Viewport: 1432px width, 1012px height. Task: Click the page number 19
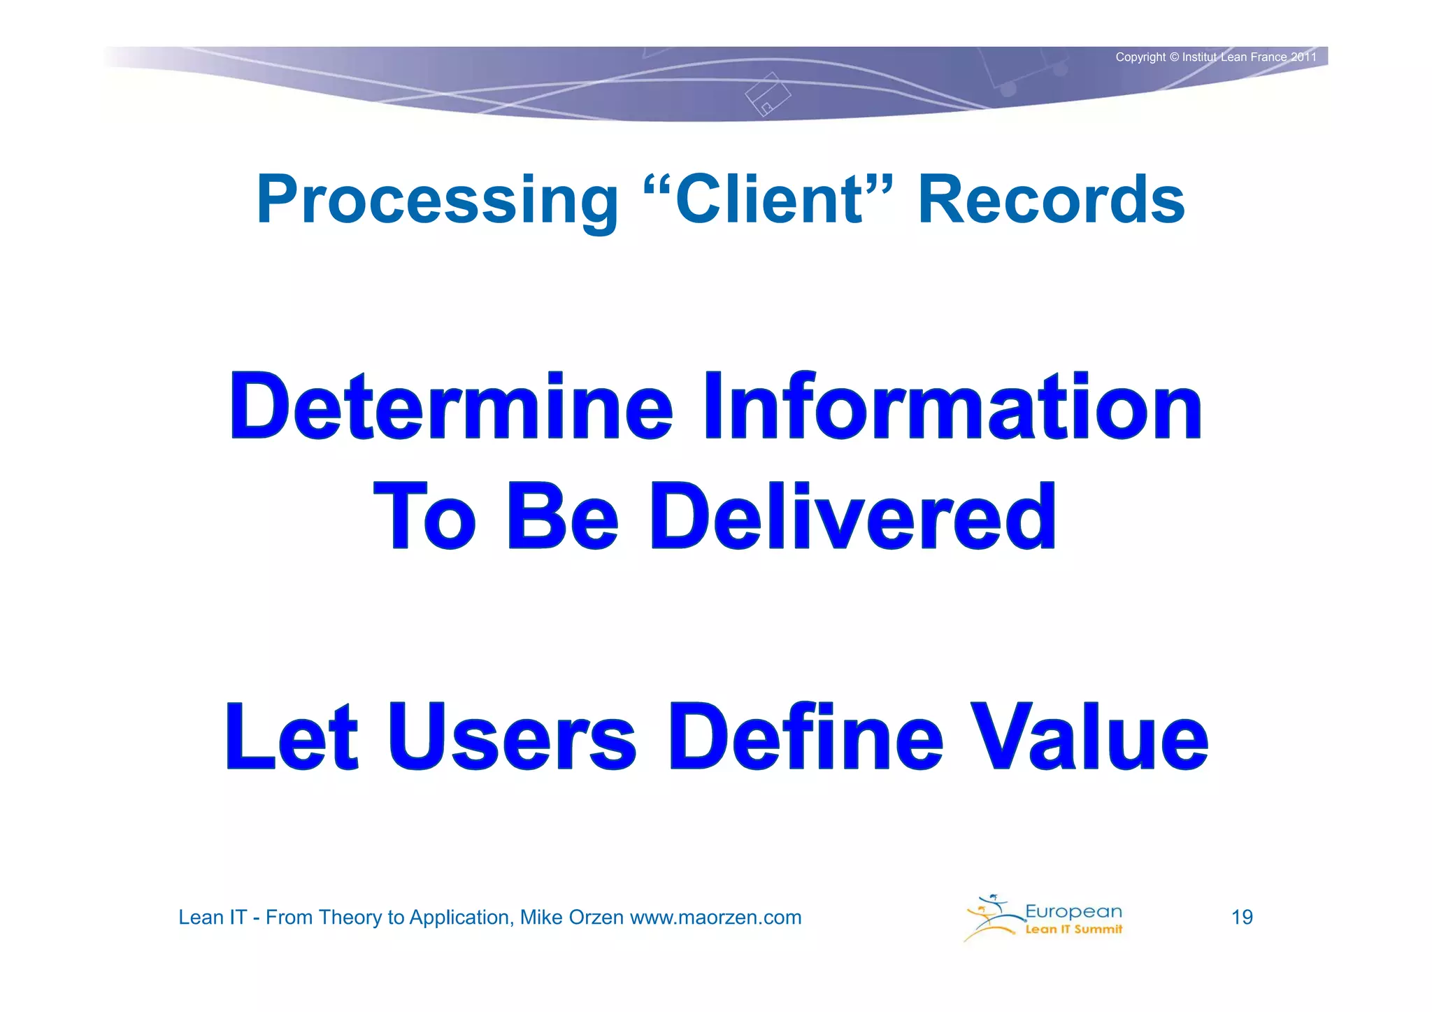click(1242, 918)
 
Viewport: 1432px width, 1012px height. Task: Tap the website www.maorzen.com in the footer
click(715, 918)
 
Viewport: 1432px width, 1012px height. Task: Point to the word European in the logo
click(1073, 911)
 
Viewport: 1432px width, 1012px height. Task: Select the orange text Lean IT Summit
click(1073, 929)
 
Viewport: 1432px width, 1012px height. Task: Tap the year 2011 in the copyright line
click(1303, 57)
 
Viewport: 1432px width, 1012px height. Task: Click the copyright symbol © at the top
click(1174, 57)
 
